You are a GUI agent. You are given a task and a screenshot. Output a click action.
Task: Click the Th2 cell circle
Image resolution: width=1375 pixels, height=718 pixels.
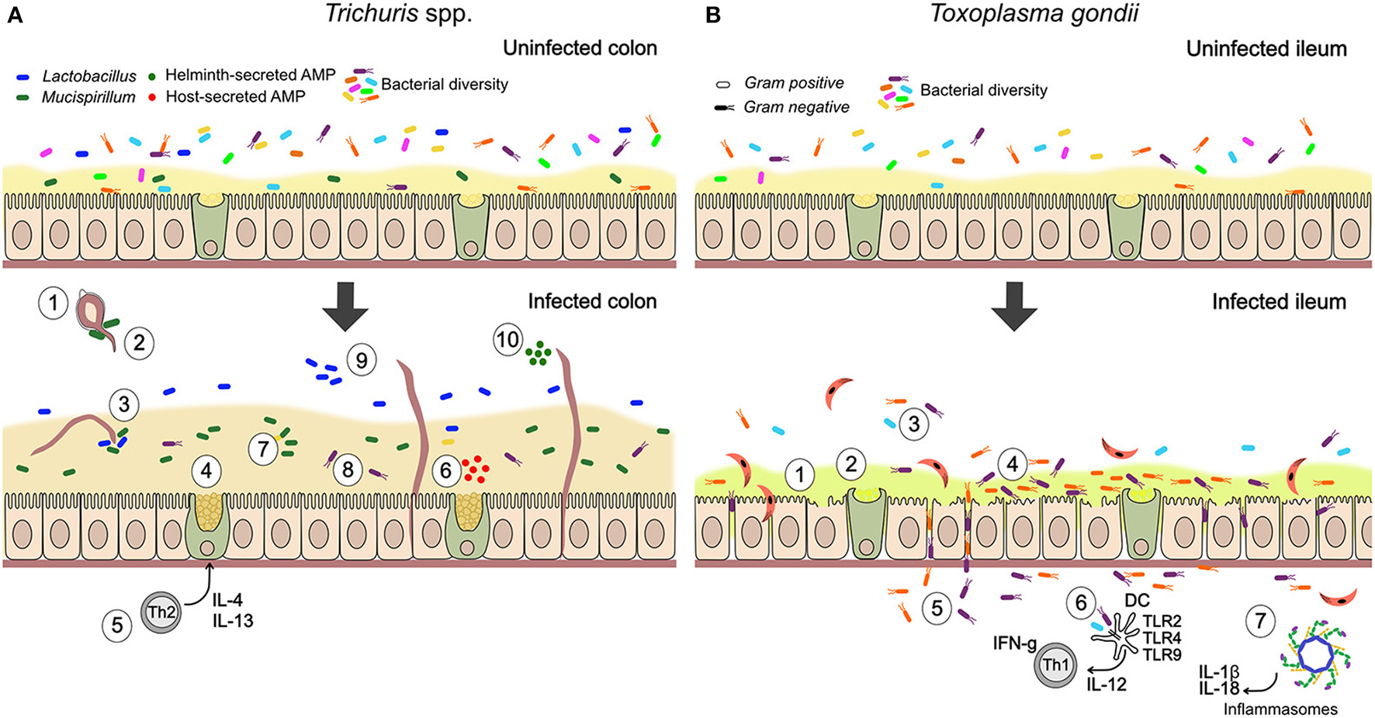[161, 612]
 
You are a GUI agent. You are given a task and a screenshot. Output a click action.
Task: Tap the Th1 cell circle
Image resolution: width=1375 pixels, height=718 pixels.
[1056, 665]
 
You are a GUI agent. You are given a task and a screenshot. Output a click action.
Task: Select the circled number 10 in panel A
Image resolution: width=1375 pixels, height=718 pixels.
[507, 340]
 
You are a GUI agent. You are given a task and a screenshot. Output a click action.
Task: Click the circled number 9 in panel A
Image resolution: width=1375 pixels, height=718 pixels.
[361, 360]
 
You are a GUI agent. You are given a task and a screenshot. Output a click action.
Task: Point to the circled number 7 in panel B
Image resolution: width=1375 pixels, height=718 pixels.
[1260, 620]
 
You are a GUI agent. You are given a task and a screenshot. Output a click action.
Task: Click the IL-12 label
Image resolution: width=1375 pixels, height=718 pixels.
[1106, 685]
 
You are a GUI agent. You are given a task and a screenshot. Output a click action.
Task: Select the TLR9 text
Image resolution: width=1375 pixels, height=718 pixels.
[1162, 655]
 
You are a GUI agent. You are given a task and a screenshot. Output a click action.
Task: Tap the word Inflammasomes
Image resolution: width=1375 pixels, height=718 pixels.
[1280, 709]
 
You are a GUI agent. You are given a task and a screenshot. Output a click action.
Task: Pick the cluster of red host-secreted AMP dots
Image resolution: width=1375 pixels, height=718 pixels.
[474, 470]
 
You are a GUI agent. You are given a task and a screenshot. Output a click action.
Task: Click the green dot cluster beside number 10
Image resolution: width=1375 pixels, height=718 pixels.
[538, 354]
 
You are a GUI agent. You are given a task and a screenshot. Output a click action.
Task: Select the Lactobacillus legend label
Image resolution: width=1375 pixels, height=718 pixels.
[89, 76]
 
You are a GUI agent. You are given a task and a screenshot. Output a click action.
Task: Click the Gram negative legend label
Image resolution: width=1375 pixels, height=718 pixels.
[796, 107]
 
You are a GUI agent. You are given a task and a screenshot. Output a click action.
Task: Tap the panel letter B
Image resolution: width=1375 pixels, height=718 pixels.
[713, 16]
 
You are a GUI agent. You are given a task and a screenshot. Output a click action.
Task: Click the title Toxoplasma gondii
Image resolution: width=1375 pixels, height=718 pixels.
[1034, 14]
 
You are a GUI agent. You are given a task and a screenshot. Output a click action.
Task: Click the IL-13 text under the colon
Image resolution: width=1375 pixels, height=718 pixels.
[233, 621]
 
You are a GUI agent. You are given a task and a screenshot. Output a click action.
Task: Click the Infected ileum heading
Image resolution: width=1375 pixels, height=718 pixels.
[1279, 301]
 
